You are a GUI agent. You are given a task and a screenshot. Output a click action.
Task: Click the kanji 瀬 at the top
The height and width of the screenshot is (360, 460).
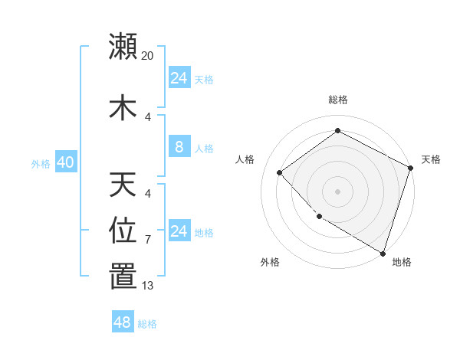[123, 46]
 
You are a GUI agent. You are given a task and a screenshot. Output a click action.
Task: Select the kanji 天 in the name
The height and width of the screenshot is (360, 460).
[123, 184]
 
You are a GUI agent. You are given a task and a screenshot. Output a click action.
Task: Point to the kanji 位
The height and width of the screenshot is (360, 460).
[123, 231]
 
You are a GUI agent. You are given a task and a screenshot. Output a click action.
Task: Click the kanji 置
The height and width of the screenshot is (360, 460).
[123, 277]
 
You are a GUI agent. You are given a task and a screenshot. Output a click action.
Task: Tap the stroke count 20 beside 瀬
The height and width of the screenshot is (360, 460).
[148, 56]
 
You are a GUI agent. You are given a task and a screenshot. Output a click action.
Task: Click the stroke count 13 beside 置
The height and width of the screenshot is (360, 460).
[148, 286]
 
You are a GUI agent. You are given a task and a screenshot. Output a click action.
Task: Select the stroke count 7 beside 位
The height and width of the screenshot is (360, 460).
[148, 241]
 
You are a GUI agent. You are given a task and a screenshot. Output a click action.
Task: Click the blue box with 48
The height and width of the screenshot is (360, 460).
[123, 322]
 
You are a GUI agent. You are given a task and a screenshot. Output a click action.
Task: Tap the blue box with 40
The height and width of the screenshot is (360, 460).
[65, 162]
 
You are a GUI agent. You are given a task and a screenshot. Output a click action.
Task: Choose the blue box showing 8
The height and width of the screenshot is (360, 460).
[179, 147]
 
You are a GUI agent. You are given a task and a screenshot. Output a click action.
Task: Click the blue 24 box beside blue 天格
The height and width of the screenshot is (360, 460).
[179, 78]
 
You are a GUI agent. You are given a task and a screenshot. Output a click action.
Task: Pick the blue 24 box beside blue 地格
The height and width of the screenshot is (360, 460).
[179, 231]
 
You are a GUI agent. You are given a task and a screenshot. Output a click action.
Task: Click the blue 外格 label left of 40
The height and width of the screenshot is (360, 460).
[41, 163]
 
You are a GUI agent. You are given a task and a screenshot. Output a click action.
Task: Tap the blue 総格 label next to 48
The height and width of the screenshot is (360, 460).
[147, 324]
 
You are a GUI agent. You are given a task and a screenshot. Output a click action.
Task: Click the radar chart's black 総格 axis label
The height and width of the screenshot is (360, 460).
[338, 100]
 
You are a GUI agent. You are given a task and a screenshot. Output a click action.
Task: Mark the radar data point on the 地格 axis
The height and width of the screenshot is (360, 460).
[383, 253]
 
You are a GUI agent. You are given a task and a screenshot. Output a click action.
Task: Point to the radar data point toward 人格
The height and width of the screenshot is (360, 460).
[280, 172]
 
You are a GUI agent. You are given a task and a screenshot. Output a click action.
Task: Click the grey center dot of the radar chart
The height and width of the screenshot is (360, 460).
[338, 191]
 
